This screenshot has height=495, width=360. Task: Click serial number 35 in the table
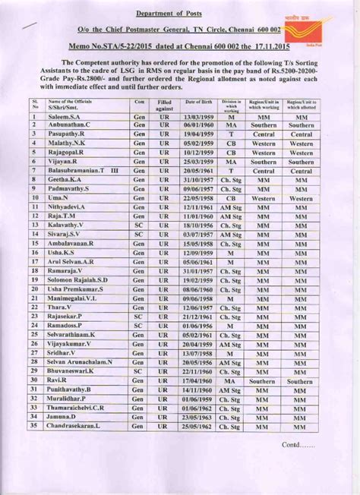tap(34, 426)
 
